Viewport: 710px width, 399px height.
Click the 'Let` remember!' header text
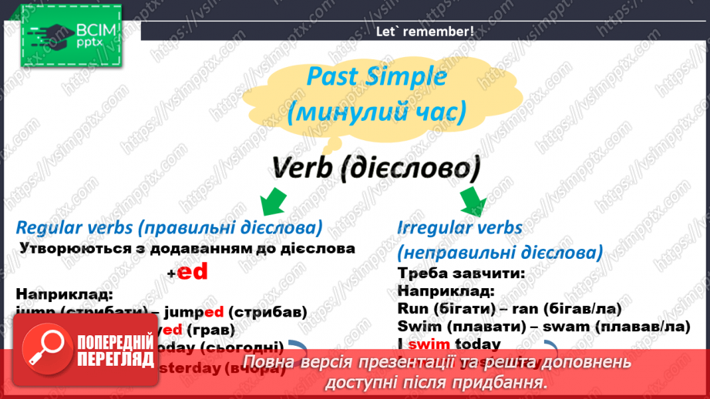[x=424, y=32]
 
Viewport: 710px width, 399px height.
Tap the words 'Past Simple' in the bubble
[x=376, y=77]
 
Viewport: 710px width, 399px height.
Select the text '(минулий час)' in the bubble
[x=376, y=113]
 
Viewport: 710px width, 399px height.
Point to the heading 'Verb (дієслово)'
[x=375, y=167]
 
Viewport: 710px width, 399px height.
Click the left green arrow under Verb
[x=271, y=202]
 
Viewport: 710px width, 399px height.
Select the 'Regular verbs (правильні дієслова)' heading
[x=169, y=228]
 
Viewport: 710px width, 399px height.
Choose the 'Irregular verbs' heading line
[x=459, y=228]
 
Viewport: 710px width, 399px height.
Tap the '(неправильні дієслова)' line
[x=500, y=253]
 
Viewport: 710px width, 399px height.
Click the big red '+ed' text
[x=188, y=272]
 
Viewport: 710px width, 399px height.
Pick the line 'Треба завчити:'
[x=450, y=273]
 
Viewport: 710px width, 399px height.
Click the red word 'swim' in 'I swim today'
[x=428, y=344]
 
